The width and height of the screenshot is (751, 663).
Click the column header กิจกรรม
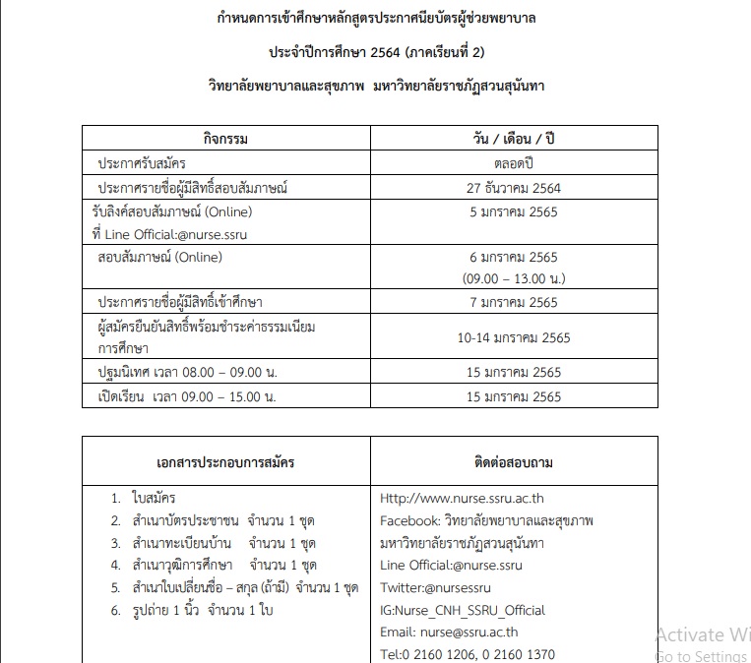(226, 139)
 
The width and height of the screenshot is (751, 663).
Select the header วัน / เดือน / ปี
(514, 139)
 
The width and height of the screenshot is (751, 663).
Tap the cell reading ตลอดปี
(514, 162)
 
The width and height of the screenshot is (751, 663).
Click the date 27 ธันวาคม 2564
(514, 187)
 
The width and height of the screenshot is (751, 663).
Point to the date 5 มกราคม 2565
(514, 211)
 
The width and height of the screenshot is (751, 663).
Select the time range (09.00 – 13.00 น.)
(514, 278)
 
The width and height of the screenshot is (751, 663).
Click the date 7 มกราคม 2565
(514, 302)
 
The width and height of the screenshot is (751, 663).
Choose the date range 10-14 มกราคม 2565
(514, 337)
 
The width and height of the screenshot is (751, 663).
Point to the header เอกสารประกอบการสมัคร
(225, 461)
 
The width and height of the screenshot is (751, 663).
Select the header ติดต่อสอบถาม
(514, 461)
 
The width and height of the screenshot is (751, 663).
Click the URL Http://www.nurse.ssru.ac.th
(462, 498)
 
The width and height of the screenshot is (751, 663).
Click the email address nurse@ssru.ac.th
(469, 633)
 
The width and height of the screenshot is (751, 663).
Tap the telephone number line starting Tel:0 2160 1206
(468, 654)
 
